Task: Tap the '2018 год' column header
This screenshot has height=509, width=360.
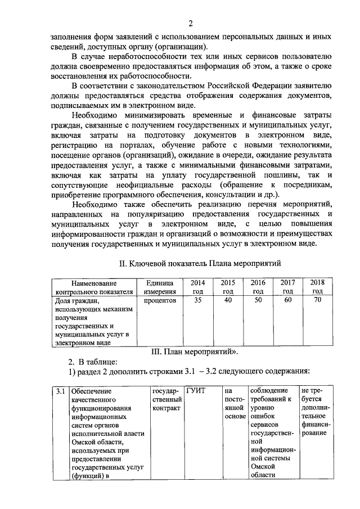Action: pyautogui.click(x=317, y=287)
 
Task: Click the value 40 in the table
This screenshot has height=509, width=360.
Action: pyautogui.click(x=228, y=300)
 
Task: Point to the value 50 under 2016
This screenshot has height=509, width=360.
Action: pyautogui.click(x=258, y=300)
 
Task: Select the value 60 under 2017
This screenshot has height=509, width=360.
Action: pyautogui.click(x=287, y=300)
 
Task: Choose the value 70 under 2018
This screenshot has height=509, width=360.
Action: pyautogui.click(x=317, y=300)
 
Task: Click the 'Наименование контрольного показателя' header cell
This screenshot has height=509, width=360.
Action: pyautogui.click(x=94, y=287)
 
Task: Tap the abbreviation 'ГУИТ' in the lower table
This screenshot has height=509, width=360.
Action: pyautogui.click(x=197, y=391)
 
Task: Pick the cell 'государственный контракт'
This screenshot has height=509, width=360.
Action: pyautogui.click(x=166, y=399)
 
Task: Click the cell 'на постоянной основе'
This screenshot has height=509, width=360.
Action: pyautogui.click(x=233, y=403)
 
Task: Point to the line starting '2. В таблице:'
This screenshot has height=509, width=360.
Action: pyautogui.click(x=93, y=362)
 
